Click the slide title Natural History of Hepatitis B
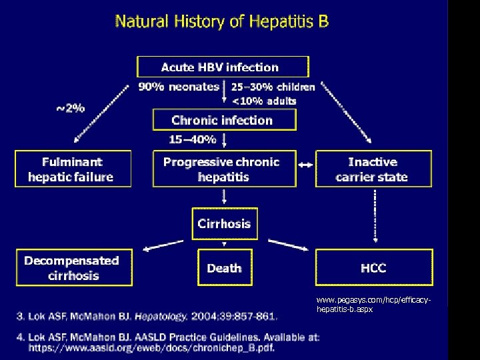(222, 21)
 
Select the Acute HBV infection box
(223, 67)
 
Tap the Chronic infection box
(223, 120)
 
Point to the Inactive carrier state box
(373, 169)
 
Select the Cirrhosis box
(224, 223)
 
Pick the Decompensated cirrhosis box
(71, 268)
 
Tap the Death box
(224, 268)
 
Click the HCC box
(373, 268)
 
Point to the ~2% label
(69, 108)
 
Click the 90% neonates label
(178, 87)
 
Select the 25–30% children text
(273, 87)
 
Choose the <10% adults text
(263, 101)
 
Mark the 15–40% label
(192, 140)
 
